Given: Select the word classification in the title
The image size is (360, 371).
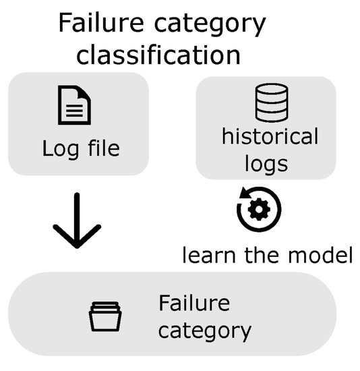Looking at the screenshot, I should (x=159, y=54).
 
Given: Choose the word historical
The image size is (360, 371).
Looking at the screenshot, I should (x=270, y=137).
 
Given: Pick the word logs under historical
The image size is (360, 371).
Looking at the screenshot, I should (x=270, y=164).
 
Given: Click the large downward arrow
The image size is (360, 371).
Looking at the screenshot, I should (x=76, y=223).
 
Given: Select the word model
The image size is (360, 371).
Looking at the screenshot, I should (x=321, y=256).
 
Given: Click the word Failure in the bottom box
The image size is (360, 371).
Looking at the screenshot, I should (x=194, y=304).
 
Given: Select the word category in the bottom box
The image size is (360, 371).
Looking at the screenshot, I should (x=205, y=331).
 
